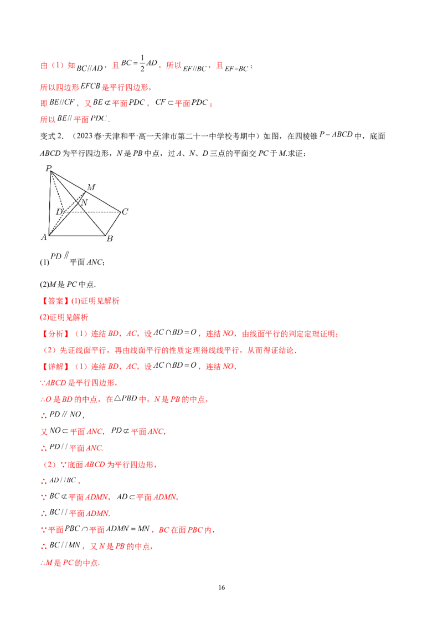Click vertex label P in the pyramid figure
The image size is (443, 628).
click(x=49, y=168)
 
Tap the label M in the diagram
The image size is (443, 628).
click(x=91, y=187)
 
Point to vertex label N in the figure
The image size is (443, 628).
click(x=84, y=202)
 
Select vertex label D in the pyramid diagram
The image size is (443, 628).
click(x=59, y=211)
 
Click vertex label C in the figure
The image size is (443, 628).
click(x=125, y=211)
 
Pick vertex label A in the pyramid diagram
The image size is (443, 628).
click(x=44, y=237)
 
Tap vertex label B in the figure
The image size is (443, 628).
click(x=110, y=239)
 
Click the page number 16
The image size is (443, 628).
click(x=221, y=588)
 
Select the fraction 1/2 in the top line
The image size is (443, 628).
click(x=142, y=63)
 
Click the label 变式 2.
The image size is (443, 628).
click(x=51, y=136)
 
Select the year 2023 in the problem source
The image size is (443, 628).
click(x=84, y=136)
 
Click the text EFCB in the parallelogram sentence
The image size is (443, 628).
click(x=90, y=86)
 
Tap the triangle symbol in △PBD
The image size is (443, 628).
click(x=117, y=399)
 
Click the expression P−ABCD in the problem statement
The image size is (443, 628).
click(x=336, y=135)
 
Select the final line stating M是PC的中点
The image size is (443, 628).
click(x=70, y=563)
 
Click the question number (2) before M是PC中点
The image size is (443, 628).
click(x=44, y=285)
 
